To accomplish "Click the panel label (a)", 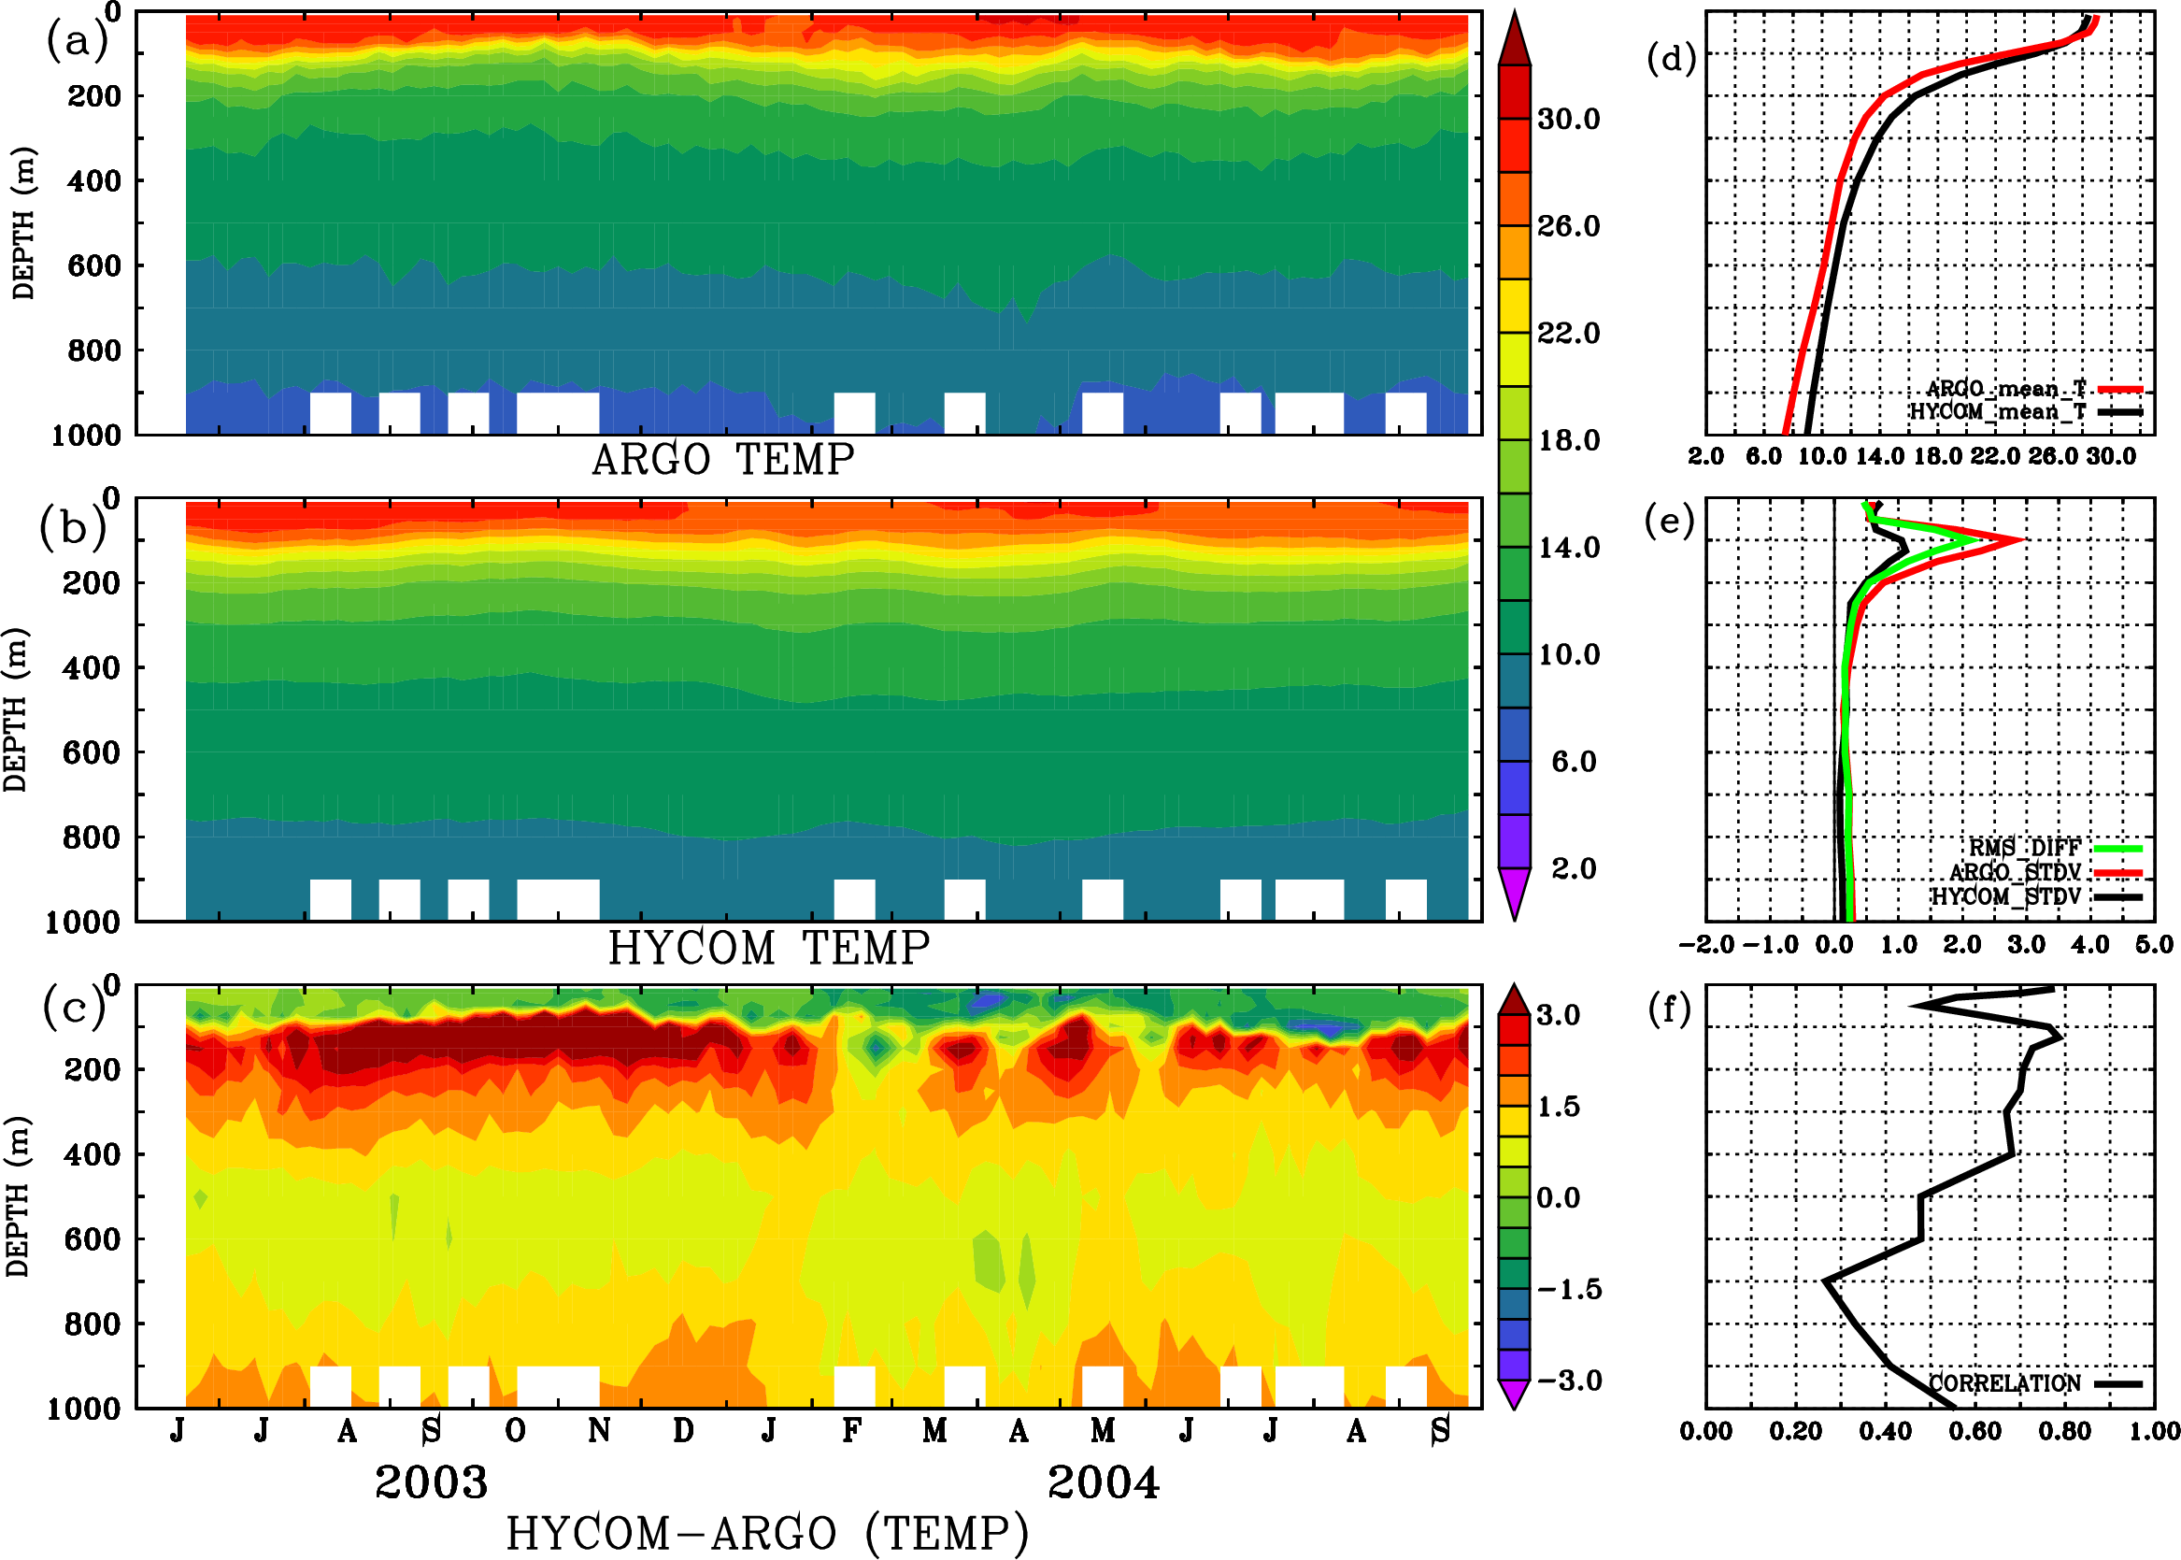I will tap(76, 40).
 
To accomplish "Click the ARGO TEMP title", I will tap(722, 460).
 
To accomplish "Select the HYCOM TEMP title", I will tap(768, 948).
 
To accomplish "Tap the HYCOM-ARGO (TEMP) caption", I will tap(766, 1533).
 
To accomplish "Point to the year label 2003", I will tap(431, 1482).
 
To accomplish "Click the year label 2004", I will tap(1103, 1482).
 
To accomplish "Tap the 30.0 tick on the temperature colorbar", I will tap(1568, 119).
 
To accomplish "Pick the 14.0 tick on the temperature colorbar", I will tap(1568, 548).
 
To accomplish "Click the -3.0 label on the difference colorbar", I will tap(1568, 1381).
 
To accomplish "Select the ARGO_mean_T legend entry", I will tap(2006, 389).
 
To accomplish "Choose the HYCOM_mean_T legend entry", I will tap(1998, 412).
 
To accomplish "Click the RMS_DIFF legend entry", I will tap(2024, 848).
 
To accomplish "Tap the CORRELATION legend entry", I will tap(2005, 1384).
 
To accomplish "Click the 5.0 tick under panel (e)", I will tap(2154, 944).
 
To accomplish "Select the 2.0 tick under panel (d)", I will tap(1705, 456).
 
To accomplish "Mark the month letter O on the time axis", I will tap(515, 1431).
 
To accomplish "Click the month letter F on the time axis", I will tap(851, 1431).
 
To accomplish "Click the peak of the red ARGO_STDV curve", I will tap(2022, 540).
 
